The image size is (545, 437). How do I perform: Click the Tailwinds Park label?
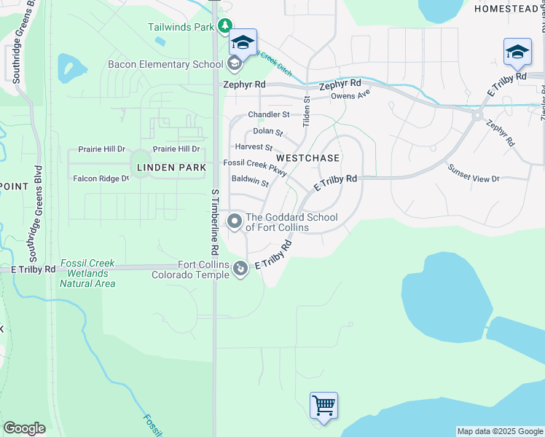(181, 27)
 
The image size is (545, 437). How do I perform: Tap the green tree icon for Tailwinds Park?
(226, 27)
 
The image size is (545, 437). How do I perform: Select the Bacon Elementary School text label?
(165, 64)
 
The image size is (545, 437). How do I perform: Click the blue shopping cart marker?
(324, 404)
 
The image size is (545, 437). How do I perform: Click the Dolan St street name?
(267, 131)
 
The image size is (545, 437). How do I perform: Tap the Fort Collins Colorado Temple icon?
(240, 270)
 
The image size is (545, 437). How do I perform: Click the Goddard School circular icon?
(235, 221)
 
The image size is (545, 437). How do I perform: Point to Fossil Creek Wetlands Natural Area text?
(87, 273)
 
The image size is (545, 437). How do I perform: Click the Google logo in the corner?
(24, 428)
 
